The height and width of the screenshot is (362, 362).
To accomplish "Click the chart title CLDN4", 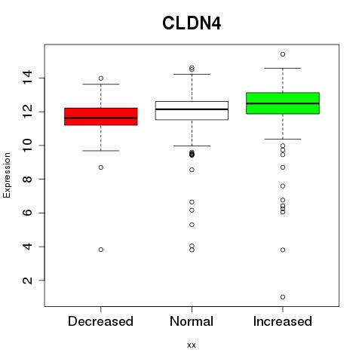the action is [192, 23].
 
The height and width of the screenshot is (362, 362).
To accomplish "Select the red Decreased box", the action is [101, 116].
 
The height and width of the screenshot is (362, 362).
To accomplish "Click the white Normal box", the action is [192, 111].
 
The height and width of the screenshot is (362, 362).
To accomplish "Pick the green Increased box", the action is [283, 103].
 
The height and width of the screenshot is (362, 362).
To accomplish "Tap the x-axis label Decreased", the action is [100, 321].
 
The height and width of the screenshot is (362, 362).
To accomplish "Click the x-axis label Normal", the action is [192, 321].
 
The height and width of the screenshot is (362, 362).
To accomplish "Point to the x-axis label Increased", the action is [283, 321].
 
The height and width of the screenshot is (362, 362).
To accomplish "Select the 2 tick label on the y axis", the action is [28, 281].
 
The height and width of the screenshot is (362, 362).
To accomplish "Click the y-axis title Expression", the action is [7, 175].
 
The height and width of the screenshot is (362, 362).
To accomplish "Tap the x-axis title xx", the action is [192, 345].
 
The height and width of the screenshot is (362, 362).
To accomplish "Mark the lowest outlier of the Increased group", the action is [283, 297].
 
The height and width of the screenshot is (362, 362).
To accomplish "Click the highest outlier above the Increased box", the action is [283, 54].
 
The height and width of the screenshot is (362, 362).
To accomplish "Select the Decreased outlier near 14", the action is [101, 78].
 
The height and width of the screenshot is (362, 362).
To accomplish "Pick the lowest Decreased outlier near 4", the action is [101, 250].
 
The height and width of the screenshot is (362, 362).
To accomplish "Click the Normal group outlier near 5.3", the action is [192, 225].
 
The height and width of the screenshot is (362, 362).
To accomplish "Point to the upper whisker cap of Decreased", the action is [101, 84].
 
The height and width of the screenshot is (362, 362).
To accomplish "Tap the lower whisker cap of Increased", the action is [283, 139].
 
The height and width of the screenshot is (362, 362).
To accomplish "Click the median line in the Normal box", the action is [192, 109].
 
